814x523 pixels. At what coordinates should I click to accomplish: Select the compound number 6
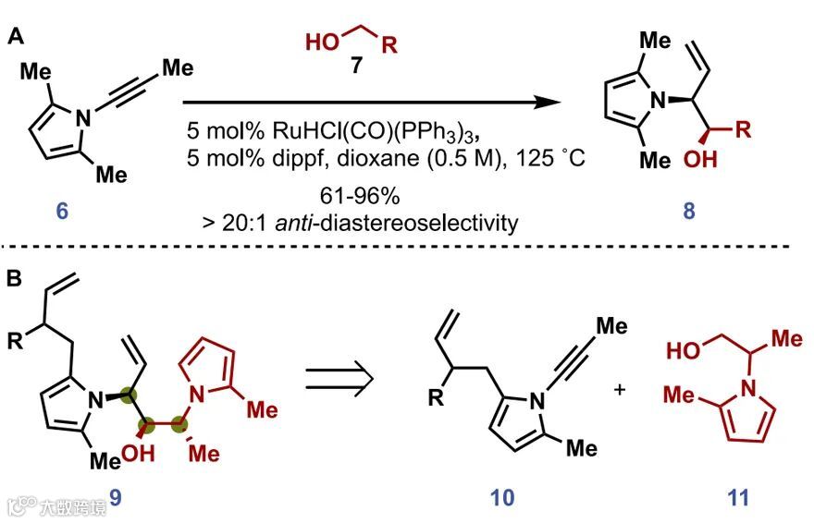[61, 212]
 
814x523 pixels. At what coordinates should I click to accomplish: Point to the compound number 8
[689, 212]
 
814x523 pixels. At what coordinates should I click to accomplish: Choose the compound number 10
[501, 500]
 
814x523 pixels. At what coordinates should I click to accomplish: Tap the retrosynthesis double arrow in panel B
[341, 382]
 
